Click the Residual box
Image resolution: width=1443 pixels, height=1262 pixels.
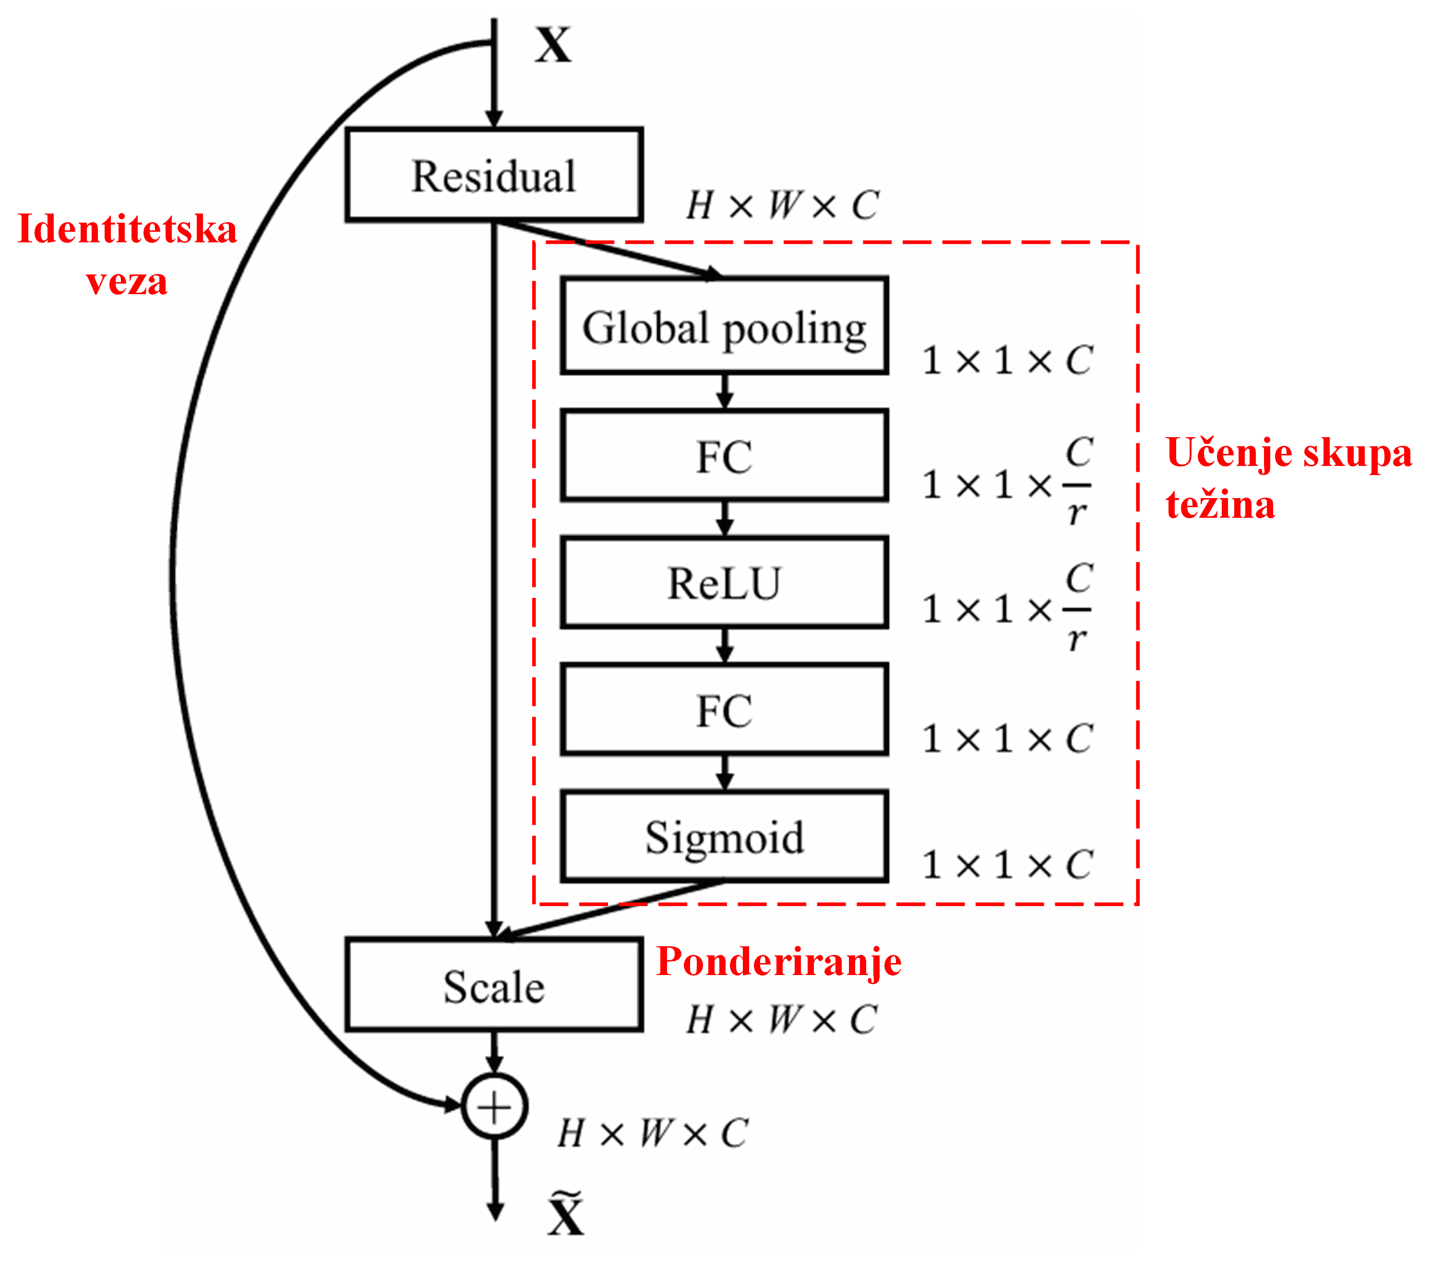click(x=494, y=175)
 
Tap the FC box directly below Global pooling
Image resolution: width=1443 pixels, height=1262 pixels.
click(x=724, y=456)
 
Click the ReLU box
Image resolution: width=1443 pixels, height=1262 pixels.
click(x=724, y=583)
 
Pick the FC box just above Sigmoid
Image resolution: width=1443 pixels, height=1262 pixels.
click(x=724, y=710)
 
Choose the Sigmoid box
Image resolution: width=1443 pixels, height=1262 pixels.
click(x=724, y=837)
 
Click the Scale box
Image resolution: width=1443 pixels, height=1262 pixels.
click(x=494, y=985)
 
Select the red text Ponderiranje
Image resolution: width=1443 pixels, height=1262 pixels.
click(x=778, y=961)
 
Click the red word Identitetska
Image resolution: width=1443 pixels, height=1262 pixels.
click(x=127, y=229)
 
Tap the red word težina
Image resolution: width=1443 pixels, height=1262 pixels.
click(x=1220, y=505)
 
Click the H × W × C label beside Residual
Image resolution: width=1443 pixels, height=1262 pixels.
click(x=782, y=206)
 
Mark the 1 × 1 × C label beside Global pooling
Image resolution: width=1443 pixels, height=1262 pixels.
click(x=1007, y=360)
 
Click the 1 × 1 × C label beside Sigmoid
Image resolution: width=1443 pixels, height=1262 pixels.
click(x=1007, y=864)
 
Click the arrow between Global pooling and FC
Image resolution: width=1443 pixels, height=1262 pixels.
click(x=725, y=392)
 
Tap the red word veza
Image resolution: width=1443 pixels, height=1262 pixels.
click(x=127, y=282)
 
